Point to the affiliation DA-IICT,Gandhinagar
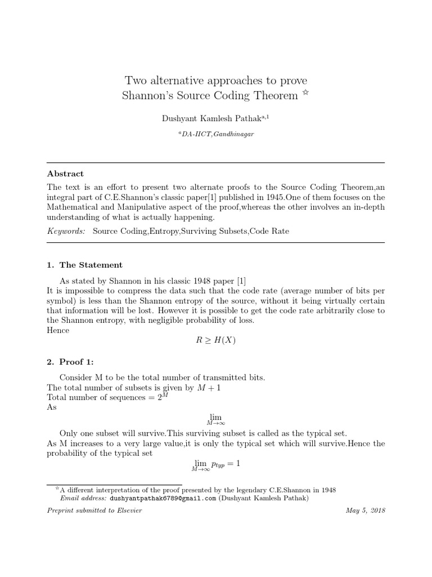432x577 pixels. pyautogui.click(x=216, y=135)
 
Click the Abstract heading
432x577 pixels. pyautogui.click(x=65, y=174)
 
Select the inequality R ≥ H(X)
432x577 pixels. pyautogui.click(x=216, y=341)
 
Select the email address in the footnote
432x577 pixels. pyautogui.click(x=163, y=498)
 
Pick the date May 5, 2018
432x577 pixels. pyautogui.click(x=365, y=511)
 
